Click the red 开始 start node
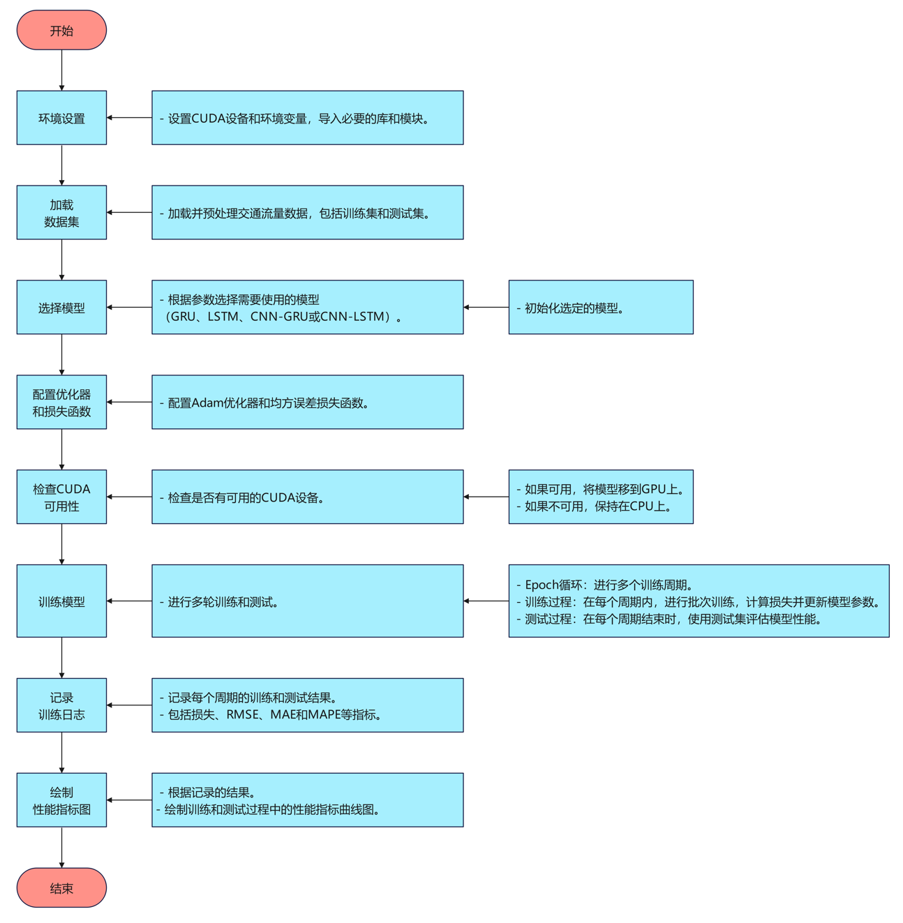(x=61, y=30)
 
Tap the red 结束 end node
(x=61, y=887)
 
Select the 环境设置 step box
(x=61, y=118)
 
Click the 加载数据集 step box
(x=61, y=213)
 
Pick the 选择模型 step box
(x=61, y=308)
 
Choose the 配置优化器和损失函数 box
(x=61, y=403)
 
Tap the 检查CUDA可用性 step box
(x=61, y=497)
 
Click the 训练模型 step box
(x=61, y=601)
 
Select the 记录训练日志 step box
(x=61, y=705)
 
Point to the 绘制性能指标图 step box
(x=61, y=800)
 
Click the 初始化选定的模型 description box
(x=600, y=308)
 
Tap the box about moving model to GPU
(x=600, y=497)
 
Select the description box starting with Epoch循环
(x=699, y=601)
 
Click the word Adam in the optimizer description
(x=207, y=403)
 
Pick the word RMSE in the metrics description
(x=242, y=714)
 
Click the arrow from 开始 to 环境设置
(x=61, y=70)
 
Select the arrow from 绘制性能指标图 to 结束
(x=61, y=847)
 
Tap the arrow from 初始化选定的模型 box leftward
(x=486, y=307)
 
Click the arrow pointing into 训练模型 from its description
(x=129, y=601)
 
